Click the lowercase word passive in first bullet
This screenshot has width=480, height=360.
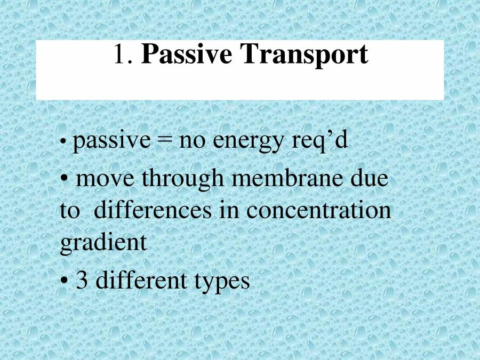[x=111, y=141]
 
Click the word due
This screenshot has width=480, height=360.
[x=370, y=178]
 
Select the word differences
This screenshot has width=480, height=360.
[x=153, y=210]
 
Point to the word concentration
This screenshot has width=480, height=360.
[x=318, y=210]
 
